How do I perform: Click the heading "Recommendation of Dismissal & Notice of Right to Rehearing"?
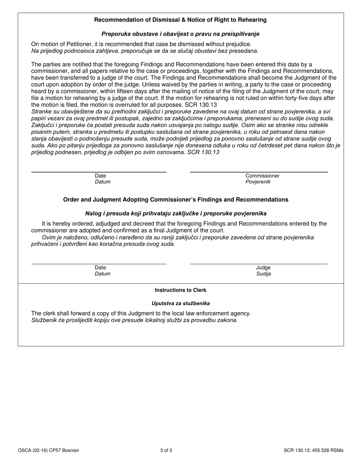180,20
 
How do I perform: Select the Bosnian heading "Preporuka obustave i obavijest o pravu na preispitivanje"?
180,34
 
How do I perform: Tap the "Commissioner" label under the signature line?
262,176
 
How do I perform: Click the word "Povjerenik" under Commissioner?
258,182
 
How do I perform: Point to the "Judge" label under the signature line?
263,267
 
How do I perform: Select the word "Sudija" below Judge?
263,274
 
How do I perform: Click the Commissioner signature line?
258,172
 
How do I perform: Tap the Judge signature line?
258,263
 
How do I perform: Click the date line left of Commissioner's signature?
99,172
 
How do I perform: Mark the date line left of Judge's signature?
99,263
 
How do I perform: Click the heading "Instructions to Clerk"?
180,290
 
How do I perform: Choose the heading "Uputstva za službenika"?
180,303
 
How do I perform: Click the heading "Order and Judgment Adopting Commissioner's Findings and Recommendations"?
175,200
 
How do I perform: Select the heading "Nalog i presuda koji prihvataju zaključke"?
175,214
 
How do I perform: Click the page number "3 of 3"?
166,450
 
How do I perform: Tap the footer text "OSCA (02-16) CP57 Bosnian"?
49,450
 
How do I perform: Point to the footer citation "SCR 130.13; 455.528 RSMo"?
313,450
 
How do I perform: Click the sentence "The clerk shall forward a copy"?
141,313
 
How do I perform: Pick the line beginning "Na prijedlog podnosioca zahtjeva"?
144,50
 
